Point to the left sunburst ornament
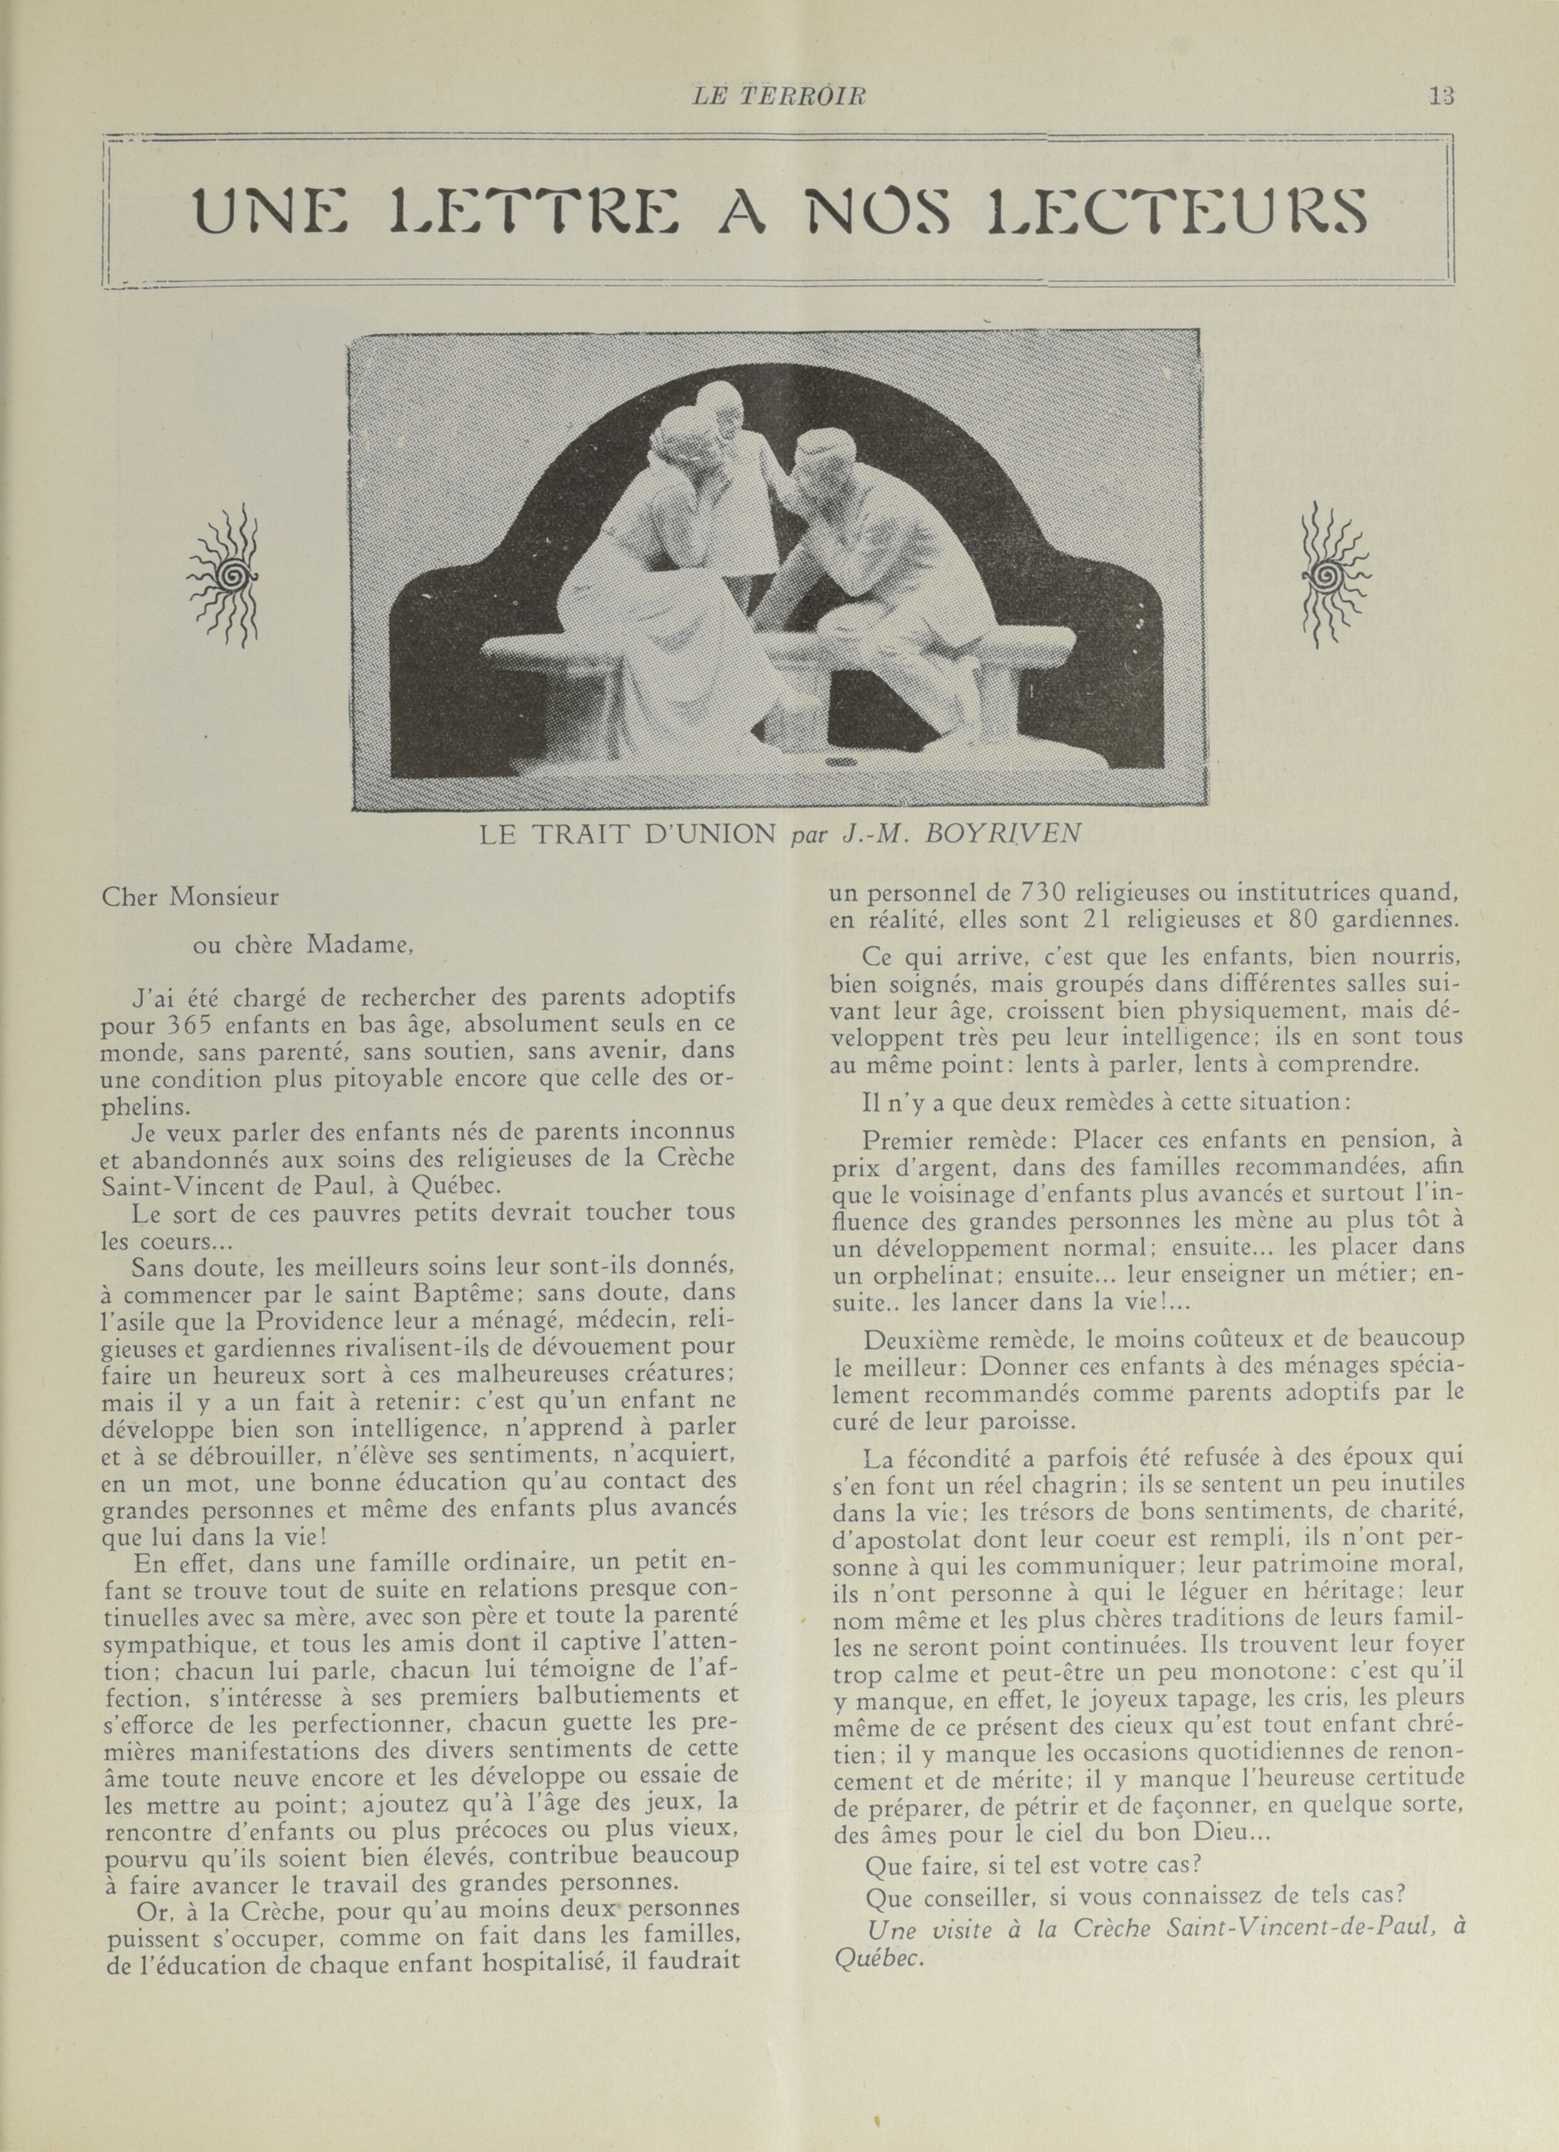(226, 575)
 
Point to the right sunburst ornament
(1334, 575)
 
